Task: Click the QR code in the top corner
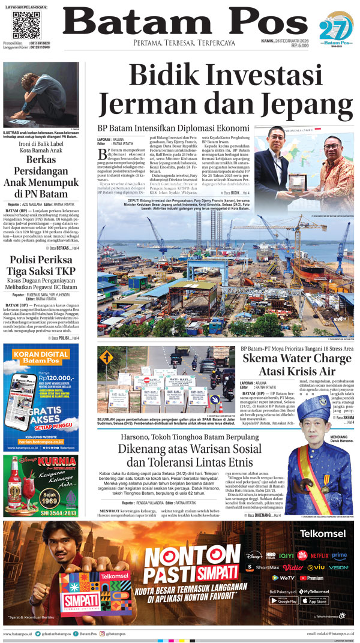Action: pyautogui.click(x=26, y=25)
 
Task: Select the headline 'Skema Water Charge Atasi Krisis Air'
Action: pyautogui.click(x=298, y=366)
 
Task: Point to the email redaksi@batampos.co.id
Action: pyautogui.click(x=330, y=633)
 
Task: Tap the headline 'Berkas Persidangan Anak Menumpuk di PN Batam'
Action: pyautogui.click(x=40, y=177)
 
